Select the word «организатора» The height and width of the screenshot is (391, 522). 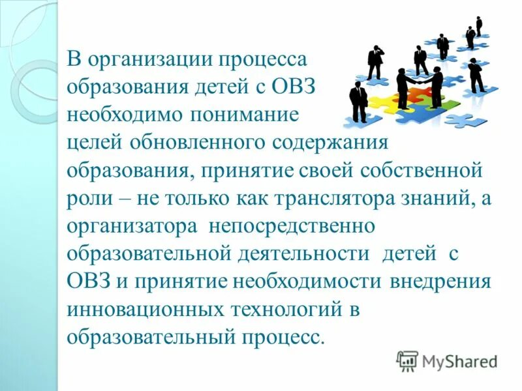tap(132, 226)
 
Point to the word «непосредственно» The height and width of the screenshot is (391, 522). tap(290, 226)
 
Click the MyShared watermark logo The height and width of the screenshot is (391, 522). tap(448, 360)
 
